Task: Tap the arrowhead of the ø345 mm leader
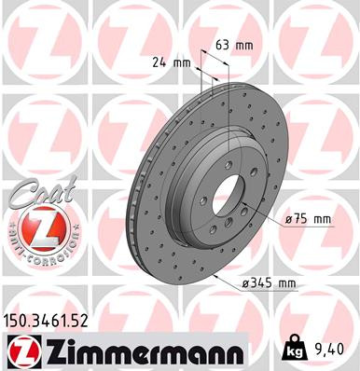[x=216, y=276]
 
